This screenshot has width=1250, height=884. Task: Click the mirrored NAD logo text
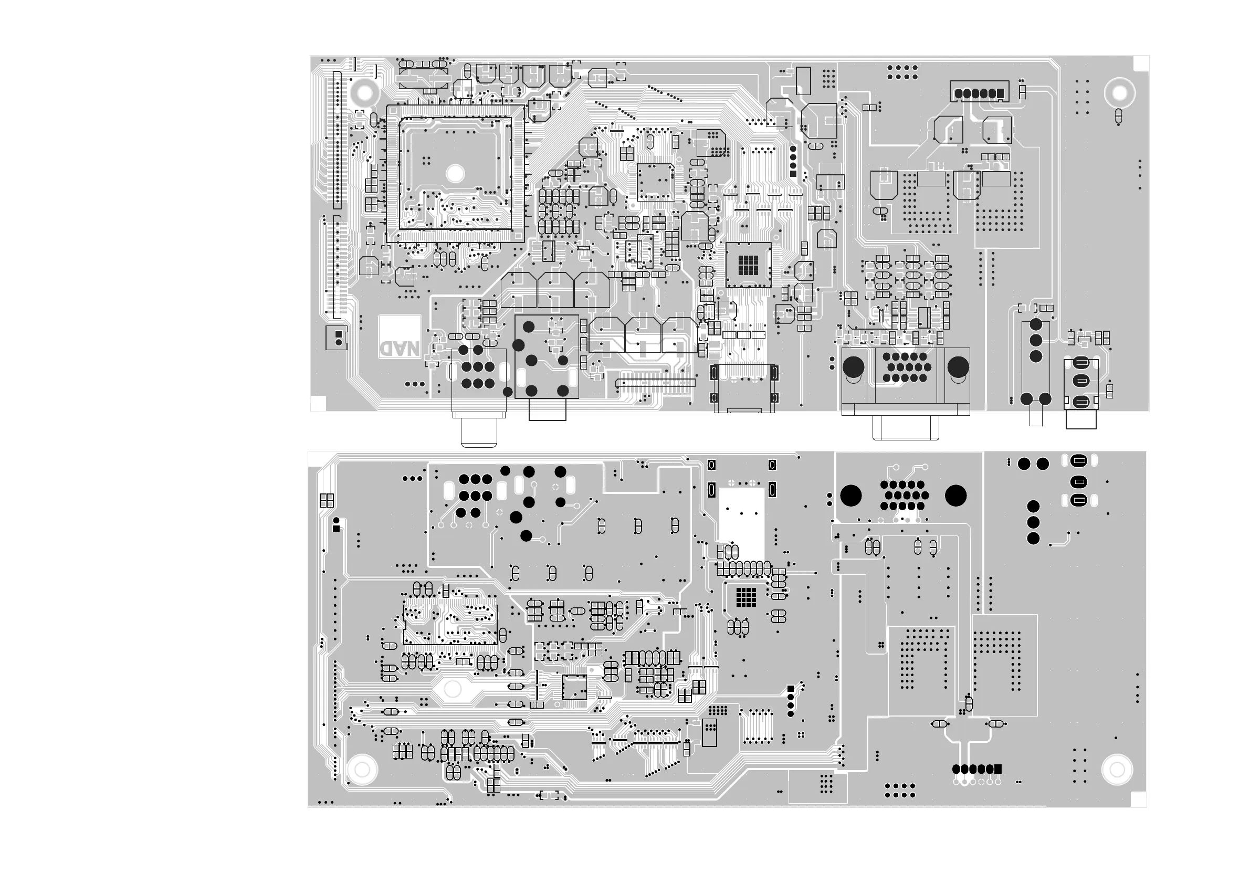tap(400, 349)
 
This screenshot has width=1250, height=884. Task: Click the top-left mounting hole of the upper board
tap(364, 92)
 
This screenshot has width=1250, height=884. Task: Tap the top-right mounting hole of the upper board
tap(1119, 93)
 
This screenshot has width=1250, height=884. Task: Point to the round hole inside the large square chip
tap(455, 174)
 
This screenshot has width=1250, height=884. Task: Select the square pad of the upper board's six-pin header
tap(1000, 93)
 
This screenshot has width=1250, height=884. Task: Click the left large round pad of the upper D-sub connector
tap(853, 367)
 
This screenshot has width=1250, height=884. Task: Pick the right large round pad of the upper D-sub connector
tap(958, 367)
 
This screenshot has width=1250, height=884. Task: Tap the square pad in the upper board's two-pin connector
tap(339, 334)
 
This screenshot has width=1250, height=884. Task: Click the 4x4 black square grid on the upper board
tap(748, 265)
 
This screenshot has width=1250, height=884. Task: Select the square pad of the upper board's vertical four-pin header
tap(793, 174)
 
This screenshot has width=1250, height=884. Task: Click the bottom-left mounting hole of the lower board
tap(362, 770)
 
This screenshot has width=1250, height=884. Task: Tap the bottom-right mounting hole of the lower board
tap(1117, 770)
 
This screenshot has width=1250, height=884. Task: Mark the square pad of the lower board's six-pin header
tap(997, 769)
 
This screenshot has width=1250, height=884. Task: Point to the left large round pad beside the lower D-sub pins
tap(851, 496)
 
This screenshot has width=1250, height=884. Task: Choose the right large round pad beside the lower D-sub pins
tap(955, 496)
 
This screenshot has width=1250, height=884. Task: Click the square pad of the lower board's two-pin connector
tap(336, 529)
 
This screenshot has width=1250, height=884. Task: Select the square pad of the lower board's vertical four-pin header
tap(791, 689)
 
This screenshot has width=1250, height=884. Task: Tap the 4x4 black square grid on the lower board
tap(746, 597)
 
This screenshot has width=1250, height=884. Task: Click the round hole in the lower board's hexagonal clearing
tap(453, 689)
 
